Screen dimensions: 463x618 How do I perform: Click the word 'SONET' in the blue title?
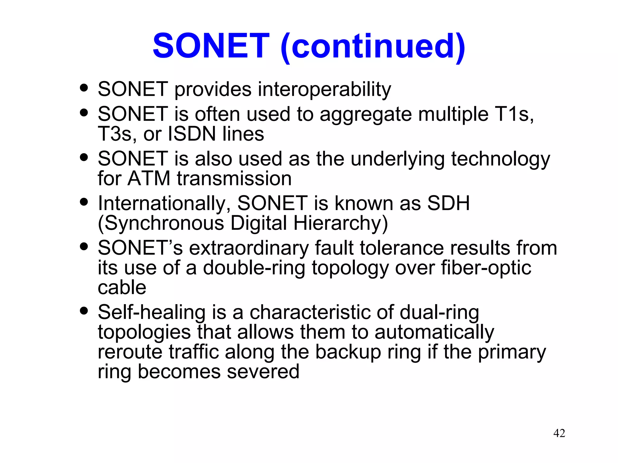211,46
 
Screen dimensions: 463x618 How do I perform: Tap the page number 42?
559,433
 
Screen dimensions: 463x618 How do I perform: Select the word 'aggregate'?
365,115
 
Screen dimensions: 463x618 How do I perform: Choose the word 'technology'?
500,159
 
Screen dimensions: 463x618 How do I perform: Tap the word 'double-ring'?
254,268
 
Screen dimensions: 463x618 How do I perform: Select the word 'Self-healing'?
151,312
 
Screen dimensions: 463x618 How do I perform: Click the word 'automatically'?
434,332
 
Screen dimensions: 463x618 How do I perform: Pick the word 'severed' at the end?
263,371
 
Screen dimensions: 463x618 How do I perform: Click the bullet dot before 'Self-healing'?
84,310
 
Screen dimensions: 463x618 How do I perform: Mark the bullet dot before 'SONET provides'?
84,88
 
